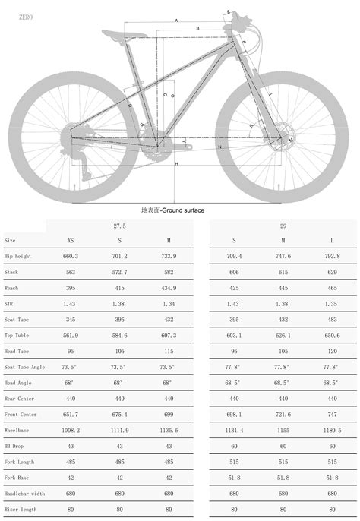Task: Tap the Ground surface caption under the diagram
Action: click(172, 209)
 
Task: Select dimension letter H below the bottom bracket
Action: click(176, 164)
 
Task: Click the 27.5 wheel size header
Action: click(119, 226)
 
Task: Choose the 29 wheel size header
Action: click(283, 226)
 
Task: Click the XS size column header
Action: click(71, 240)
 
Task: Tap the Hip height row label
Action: click(19, 256)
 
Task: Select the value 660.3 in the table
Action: click(71, 256)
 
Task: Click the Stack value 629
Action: click(331, 272)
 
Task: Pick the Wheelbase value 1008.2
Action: click(71, 429)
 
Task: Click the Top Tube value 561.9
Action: click(71, 335)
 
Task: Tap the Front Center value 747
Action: click(331, 414)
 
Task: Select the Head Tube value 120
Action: click(331, 351)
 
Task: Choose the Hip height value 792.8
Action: click(331, 256)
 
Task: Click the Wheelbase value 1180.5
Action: click(331, 429)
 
